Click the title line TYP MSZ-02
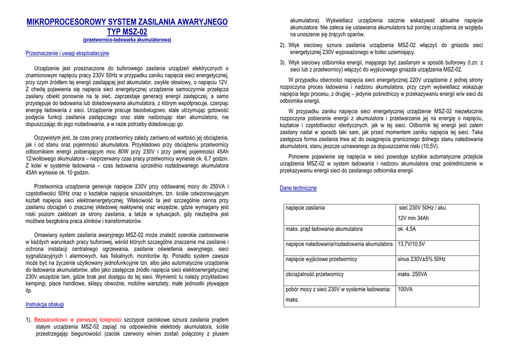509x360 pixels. (x=127, y=32)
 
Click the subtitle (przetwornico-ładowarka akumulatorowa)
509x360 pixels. (x=127, y=40)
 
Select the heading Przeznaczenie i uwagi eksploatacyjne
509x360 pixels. (x=67, y=53)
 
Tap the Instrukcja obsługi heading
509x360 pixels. (x=45, y=304)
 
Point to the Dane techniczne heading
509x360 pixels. (x=298, y=188)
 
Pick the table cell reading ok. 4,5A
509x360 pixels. (x=407, y=229)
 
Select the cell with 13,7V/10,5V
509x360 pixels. (x=411, y=244)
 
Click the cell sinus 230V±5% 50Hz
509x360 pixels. (x=422, y=259)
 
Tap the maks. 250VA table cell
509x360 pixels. (x=412, y=274)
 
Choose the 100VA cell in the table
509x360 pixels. (x=405, y=289)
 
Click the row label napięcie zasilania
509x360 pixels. (x=305, y=207)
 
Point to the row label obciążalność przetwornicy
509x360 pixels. (x=315, y=274)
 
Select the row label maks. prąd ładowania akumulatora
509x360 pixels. (x=324, y=229)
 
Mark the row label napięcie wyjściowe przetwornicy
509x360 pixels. (x=321, y=259)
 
